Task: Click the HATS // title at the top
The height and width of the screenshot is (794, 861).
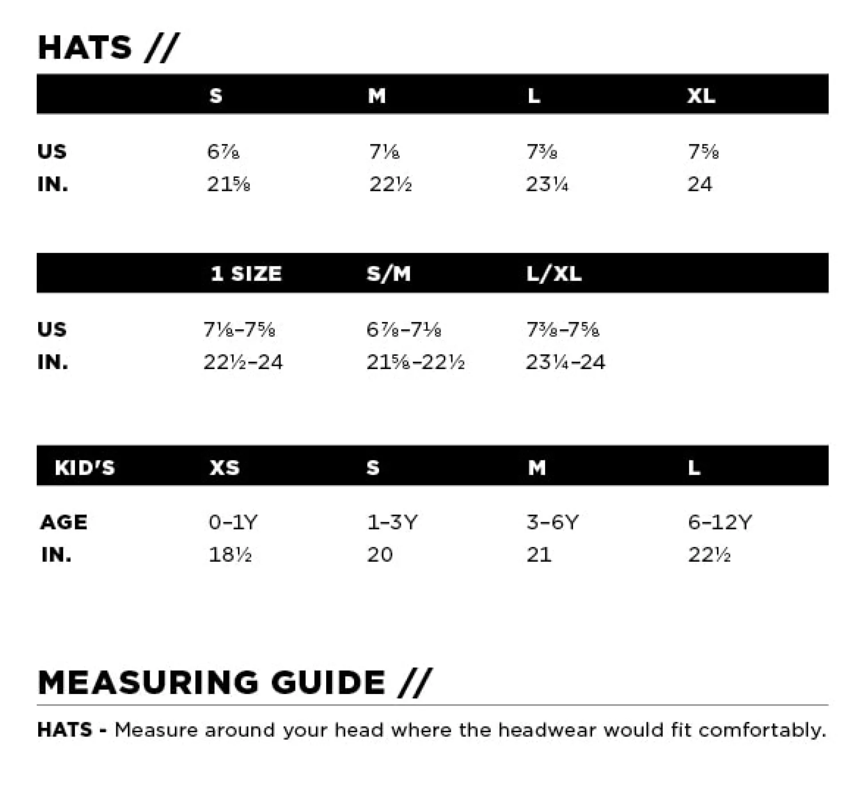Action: (108, 48)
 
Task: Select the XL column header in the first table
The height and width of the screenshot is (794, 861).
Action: (701, 95)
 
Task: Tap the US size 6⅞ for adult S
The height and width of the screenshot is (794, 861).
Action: (223, 152)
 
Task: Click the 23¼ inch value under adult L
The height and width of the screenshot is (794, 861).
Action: (547, 184)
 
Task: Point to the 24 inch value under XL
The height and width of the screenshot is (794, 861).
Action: (699, 184)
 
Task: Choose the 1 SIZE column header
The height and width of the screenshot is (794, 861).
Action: (246, 274)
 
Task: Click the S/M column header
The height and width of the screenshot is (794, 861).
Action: (389, 274)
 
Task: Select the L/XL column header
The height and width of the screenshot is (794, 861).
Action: (554, 274)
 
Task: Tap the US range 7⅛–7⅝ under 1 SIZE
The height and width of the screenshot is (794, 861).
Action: (239, 330)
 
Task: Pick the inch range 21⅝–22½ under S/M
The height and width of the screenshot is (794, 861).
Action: (415, 362)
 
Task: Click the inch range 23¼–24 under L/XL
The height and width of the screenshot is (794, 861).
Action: (565, 362)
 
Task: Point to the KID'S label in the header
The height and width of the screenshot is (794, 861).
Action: (85, 468)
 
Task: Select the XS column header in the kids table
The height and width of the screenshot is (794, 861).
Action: (225, 468)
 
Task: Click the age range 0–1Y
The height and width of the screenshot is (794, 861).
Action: (233, 522)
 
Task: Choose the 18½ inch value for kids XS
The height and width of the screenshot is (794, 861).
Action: (230, 555)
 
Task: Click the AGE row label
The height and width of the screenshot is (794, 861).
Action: (63, 522)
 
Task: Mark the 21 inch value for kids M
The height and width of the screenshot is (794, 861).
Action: (539, 555)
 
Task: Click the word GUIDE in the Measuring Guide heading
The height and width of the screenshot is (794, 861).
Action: (328, 683)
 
